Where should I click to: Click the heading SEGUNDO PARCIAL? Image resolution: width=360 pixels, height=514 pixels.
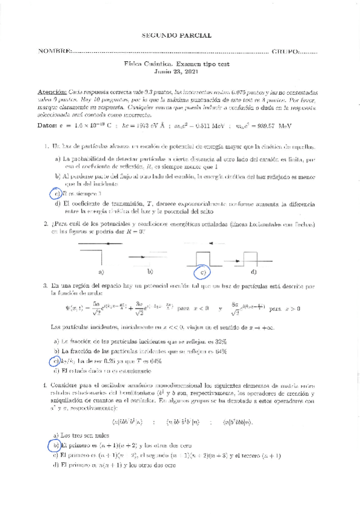click(x=180, y=36)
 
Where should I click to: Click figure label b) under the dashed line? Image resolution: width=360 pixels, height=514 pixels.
click(x=149, y=272)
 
